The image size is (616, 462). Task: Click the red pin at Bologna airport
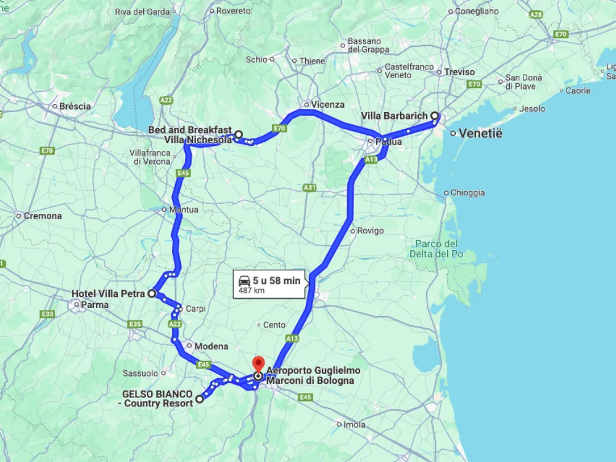coord(258,363)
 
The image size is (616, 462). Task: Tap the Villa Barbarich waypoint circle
coord(434,116)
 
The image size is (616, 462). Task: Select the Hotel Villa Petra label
coord(108,294)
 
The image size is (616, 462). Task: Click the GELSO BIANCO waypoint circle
coord(199,399)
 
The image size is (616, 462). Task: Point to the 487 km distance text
coord(252,290)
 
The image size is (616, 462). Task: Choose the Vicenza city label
coord(327,105)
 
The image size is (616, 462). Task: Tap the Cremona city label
coord(43,216)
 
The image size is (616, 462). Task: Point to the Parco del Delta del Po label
coord(437,249)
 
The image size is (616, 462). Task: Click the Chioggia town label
coord(467,193)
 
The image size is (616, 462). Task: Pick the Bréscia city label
coord(75,106)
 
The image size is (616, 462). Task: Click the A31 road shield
coord(310,187)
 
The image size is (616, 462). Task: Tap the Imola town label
coord(355,424)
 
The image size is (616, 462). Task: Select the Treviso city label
coord(459,72)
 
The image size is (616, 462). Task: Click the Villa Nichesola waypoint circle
coord(238,134)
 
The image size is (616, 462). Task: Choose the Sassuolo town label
coord(141,373)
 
